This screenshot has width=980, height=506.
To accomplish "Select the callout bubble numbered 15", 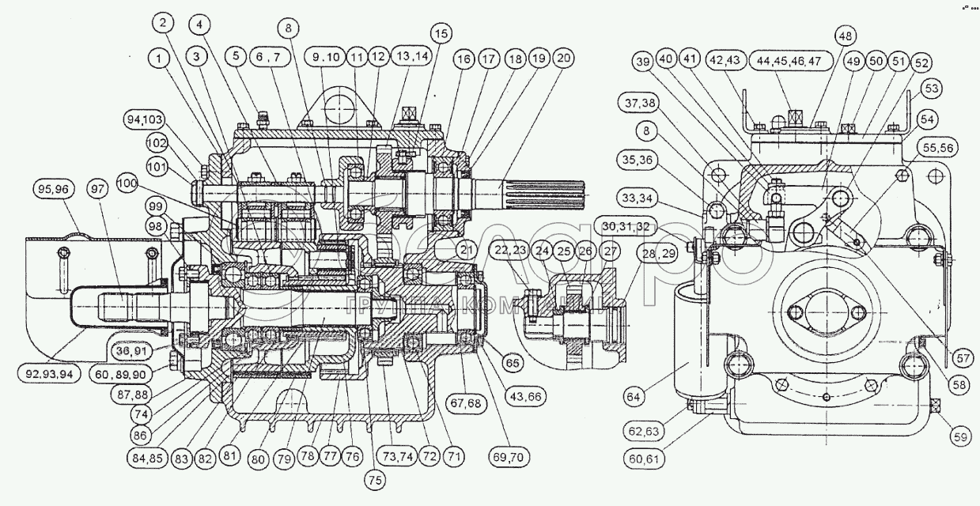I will pos(440,33).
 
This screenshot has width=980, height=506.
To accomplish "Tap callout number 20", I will pos(564,59).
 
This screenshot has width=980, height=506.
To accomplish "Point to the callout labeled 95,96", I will pos(55,190).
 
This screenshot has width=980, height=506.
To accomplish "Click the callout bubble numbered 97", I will pos(97,190).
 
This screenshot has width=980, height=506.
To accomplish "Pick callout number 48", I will pos(846,36).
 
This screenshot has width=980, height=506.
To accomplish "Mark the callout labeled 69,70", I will pos(513,458).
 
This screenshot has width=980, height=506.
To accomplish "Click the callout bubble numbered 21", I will pos(466,252).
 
